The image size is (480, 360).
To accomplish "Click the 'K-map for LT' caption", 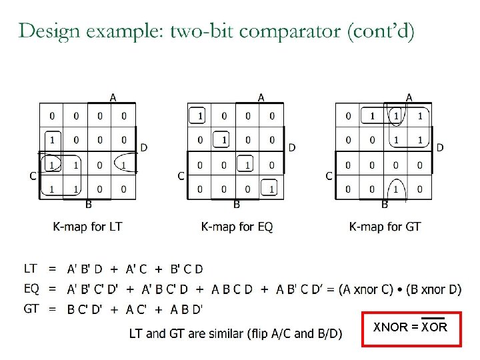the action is click(88, 227).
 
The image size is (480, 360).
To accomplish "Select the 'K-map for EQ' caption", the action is click(237, 227).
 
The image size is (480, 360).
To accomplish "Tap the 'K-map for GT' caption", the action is click(385, 227).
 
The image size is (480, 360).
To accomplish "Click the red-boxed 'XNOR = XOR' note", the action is click(410, 327).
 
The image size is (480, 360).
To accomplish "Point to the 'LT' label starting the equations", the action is click(31, 269).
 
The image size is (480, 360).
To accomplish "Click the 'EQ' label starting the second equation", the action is click(31, 289).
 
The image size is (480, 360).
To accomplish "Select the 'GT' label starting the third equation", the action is click(31, 309).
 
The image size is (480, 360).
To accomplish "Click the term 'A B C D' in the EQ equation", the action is click(231, 289).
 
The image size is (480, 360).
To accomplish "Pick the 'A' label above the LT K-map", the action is click(113, 97).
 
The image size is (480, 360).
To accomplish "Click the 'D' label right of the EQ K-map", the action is click(292, 147).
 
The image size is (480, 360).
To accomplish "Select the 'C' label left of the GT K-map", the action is click(329, 176).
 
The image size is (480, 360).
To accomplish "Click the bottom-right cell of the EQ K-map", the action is click(271, 189).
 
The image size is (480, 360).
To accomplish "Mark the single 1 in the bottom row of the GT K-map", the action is click(396, 189).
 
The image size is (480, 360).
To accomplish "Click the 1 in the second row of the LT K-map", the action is click(52, 141).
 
